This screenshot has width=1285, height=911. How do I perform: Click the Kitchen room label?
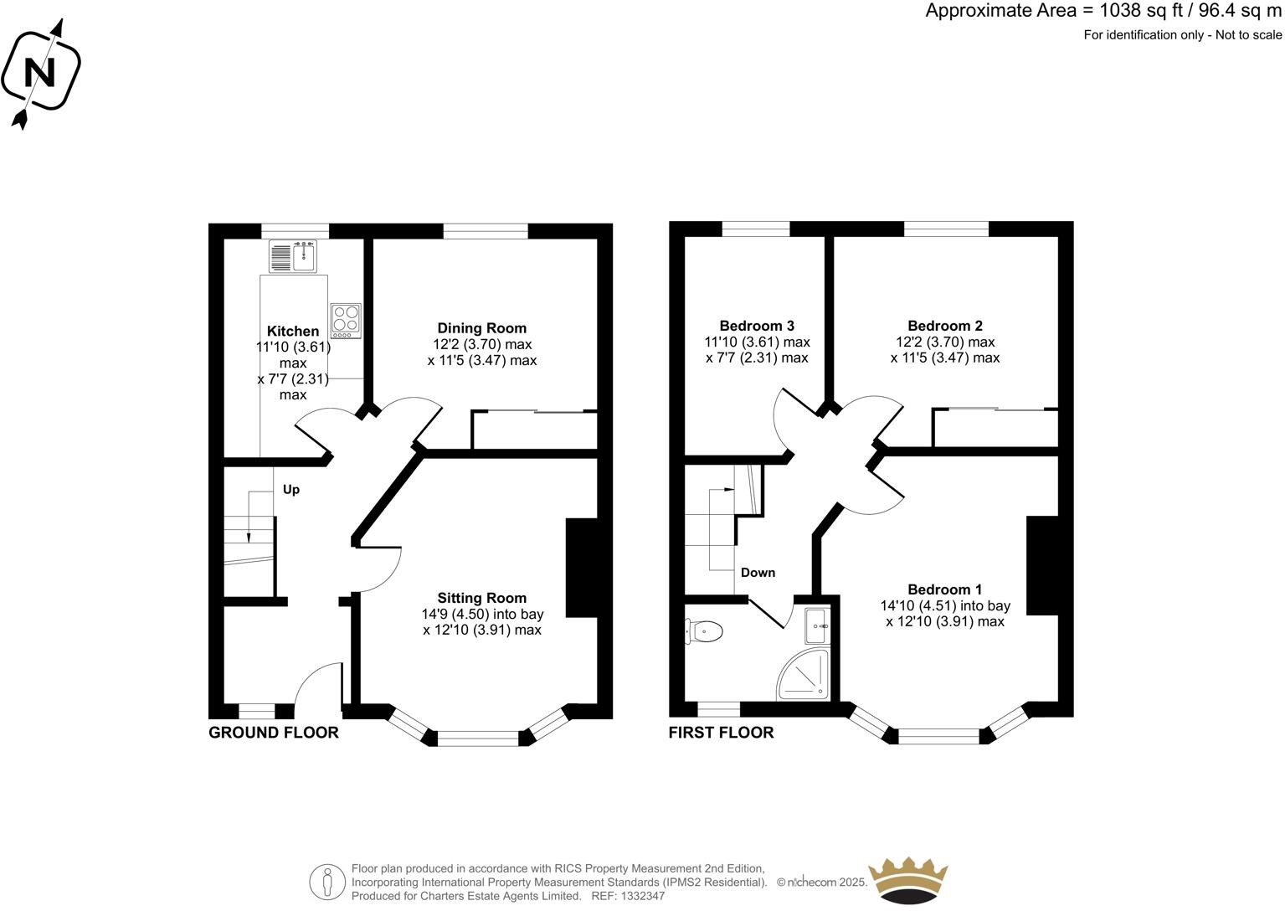click(293, 332)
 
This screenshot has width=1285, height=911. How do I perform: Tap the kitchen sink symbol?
click(293, 255)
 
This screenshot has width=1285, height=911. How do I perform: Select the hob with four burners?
click(346, 320)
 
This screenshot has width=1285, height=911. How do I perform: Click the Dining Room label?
click(481, 328)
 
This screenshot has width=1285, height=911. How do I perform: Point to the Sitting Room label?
click(481, 598)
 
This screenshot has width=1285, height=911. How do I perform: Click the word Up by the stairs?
click(290, 490)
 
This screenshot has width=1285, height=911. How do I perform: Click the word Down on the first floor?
click(758, 573)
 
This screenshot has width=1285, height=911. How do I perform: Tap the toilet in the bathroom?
click(704, 631)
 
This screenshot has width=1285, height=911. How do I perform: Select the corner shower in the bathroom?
click(805, 675)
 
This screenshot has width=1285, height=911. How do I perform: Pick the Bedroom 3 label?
click(757, 326)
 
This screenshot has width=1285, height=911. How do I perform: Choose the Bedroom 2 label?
click(945, 326)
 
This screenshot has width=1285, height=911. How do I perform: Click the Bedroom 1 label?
click(945, 589)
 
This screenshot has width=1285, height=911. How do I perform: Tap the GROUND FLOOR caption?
click(274, 733)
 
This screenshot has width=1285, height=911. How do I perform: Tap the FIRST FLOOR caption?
click(721, 733)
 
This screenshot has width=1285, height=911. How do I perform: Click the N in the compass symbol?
click(39, 73)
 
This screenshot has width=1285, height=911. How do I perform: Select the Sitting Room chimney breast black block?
click(582, 569)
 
